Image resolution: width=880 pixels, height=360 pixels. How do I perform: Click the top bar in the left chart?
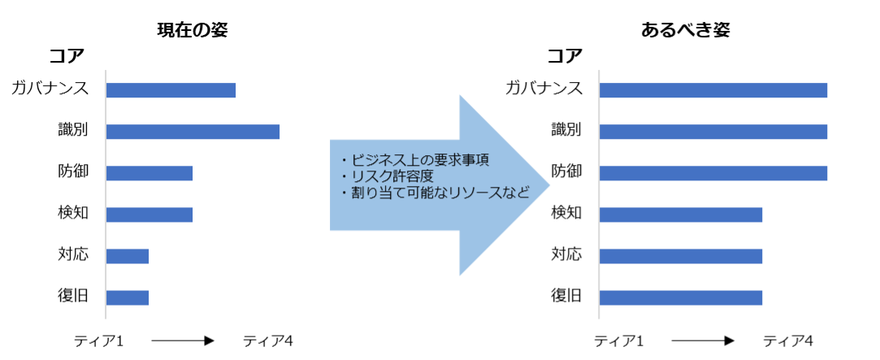tap(171, 90)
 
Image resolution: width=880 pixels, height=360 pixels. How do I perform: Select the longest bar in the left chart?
tap(193, 132)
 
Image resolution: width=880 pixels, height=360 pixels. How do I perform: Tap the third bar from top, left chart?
tap(150, 173)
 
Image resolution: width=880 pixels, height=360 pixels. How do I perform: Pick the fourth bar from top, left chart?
tap(150, 215)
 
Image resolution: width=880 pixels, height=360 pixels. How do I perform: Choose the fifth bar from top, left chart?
tap(128, 256)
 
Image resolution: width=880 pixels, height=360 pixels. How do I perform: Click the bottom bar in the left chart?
tap(128, 297)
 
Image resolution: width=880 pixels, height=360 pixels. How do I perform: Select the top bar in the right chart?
tap(713, 90)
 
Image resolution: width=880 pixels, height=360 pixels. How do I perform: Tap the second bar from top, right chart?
tap(713, 132)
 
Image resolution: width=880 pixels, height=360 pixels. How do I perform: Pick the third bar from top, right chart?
tap(713, 173)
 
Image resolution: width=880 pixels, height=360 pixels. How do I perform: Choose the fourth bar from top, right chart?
tap(681, 215)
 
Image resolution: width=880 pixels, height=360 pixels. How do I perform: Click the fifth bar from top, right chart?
tap(681, 256)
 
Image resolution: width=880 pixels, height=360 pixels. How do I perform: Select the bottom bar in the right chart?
tap(681, 297)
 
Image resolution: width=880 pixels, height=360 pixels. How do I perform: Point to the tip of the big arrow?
tap(549, 185)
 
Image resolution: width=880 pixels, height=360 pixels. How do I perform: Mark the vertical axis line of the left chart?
tap(106, 195)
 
